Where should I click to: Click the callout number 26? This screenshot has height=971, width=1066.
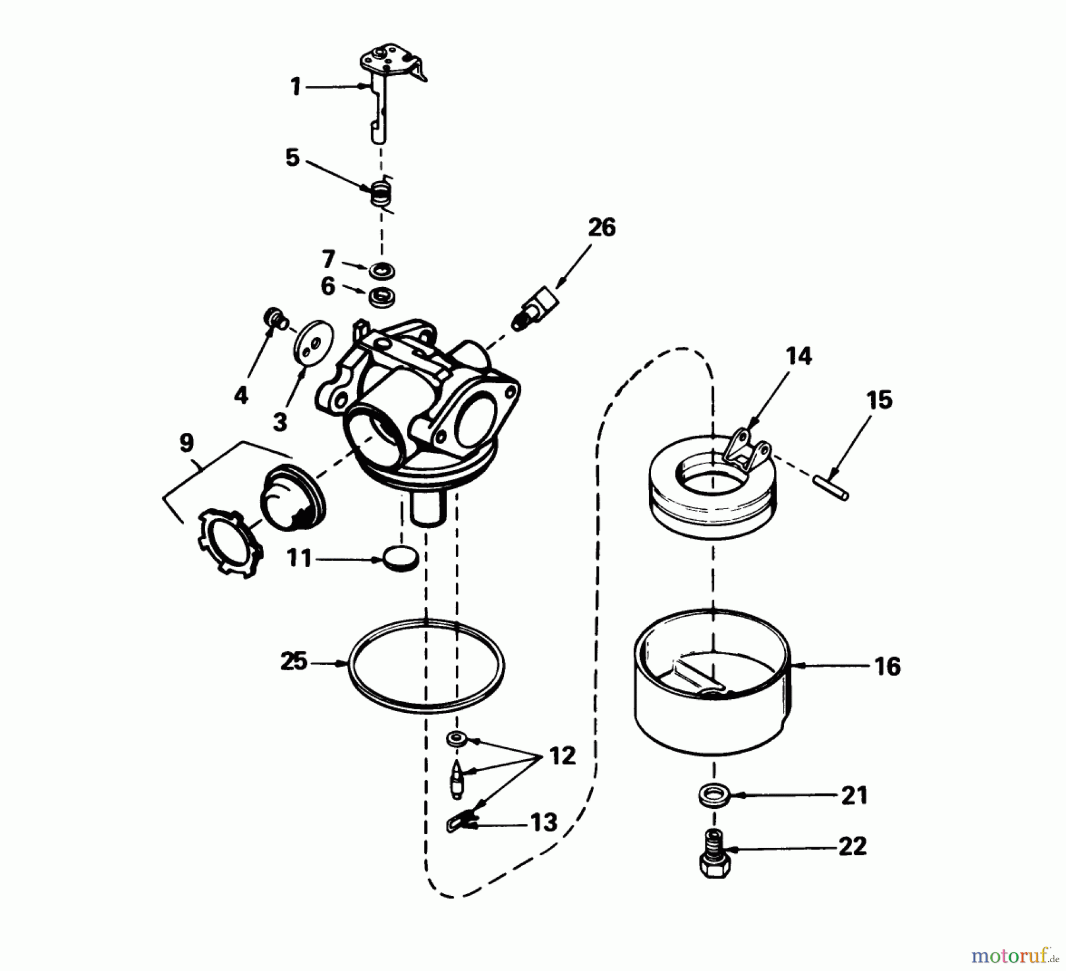pyautogui.click(x=602, y=227)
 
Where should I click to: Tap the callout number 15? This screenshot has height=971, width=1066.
pyautogui.click(x=879, y=400)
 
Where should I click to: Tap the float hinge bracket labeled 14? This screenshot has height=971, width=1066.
pyautogui.click(x=746, y=452)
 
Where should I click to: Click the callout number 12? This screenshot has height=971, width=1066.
pyautogui.click(x=562, y=756)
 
